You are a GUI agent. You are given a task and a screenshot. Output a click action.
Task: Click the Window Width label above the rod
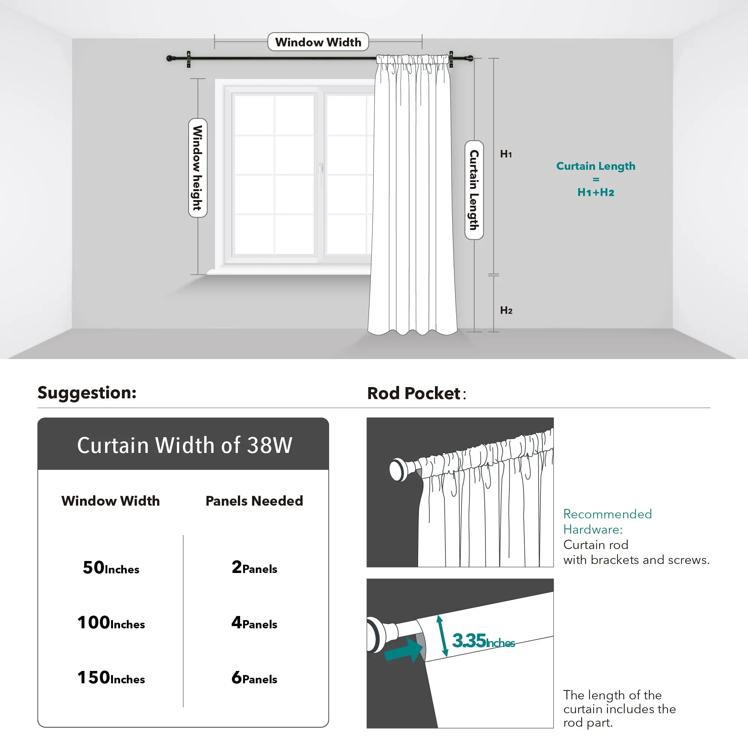click(318, 42)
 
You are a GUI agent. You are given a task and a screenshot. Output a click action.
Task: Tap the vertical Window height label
click(198, 168)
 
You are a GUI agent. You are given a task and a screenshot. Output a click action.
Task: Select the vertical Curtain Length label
click(474, 190)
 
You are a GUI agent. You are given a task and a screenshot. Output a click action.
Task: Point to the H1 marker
click(506, 154)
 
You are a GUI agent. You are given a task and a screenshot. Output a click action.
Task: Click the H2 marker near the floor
click(506, 310)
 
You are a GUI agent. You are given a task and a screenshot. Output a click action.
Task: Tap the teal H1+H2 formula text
click(595, 192)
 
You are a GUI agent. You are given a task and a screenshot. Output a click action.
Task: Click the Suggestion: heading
click(87, 393)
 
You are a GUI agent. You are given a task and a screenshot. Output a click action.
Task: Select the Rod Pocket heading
click(417, 393)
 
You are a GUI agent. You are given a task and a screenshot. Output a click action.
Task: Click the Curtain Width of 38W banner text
click(185, 445)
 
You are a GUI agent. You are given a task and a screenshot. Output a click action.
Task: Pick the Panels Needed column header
click(254, 501)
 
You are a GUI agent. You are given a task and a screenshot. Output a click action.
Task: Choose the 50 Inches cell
click(111, 568)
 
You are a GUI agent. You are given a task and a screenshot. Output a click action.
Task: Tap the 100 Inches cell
click(111, 623)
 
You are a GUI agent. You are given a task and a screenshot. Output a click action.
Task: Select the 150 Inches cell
click(111, 678)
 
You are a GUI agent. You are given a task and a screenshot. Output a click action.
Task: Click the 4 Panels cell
click(254, 623)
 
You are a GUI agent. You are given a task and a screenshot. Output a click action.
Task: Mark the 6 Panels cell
click(254, 678)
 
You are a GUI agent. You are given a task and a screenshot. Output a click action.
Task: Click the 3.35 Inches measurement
click(483, 641)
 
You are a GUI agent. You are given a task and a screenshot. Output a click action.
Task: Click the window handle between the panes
click(321, 169)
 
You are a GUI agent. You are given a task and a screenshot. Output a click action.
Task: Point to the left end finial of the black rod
click(169, 58)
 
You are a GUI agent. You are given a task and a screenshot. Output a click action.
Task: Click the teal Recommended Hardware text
click(607, 521)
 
